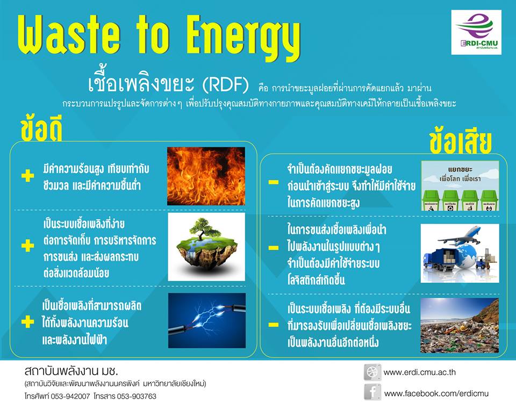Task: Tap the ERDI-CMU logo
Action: pyautogui.click(x=476, y=32)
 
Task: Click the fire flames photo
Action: pyautogui.click(x=206, y=176)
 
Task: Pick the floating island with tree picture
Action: pyautogui.click(x=206, y=246)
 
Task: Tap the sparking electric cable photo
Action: pyautogui.click(x=206, y=320)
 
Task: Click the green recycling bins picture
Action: pyautogui.click(x=460, y=185)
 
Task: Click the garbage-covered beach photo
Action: pyautogui.click(x=460, y=325)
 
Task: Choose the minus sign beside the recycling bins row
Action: pyautogui.click(x=274, y=182)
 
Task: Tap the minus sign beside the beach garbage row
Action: pyautogui.click(x=274, y=325)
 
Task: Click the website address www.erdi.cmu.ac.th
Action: pyautogui.click(x=419, y=372)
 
